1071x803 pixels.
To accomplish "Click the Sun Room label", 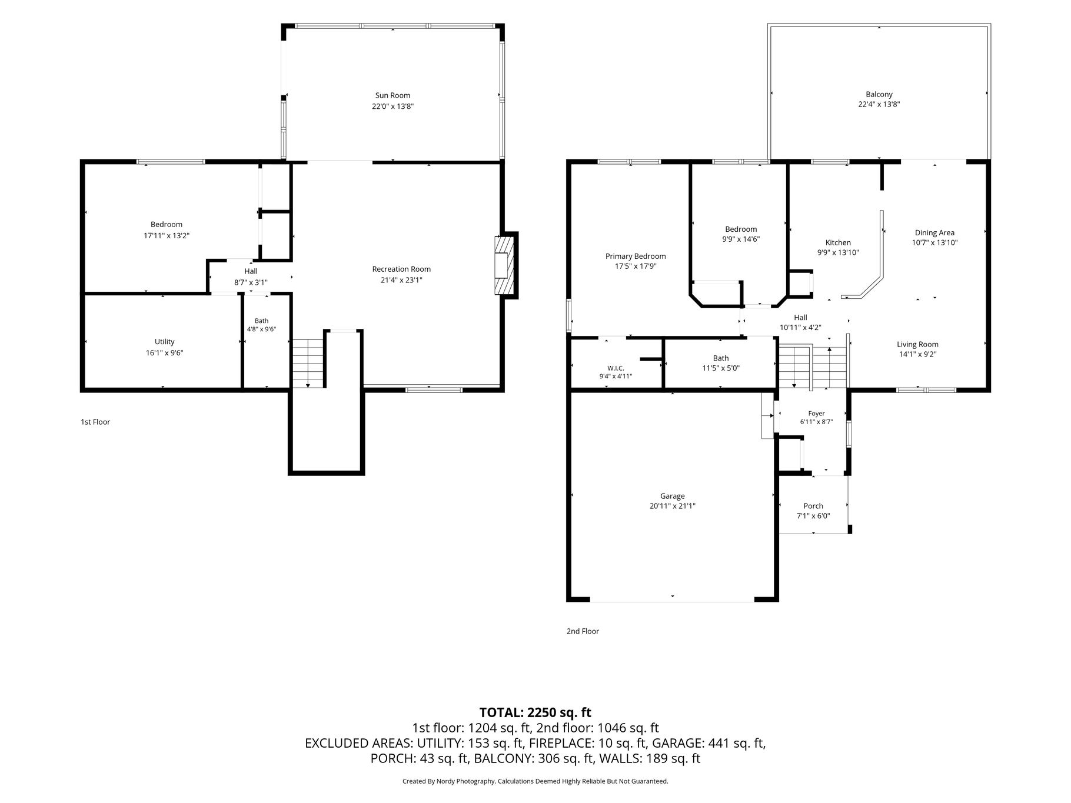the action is tap(393, 95).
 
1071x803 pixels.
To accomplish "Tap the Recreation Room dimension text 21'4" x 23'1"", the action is tap(401, 280).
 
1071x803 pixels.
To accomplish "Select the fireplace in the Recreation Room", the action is tap(504, 265).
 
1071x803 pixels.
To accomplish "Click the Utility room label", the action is tap(165, 342).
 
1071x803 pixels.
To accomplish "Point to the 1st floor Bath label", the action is tap(261, 321).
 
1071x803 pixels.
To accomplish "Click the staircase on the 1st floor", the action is tap(308, 363).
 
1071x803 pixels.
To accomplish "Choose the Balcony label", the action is tap(879, 94).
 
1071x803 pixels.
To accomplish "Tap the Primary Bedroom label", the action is tap(636, 256).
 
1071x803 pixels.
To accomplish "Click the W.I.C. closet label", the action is tap(616, 368).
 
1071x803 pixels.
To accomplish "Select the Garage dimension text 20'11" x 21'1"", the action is tap(672, 506).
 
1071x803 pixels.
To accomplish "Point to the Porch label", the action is tap(813, 506).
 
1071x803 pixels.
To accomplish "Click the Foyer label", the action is tap(816, 414).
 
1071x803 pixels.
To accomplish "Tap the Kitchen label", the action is tap(838, 242).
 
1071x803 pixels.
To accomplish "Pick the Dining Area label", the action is tap(934, 232).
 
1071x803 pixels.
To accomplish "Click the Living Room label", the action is tap(917, 344).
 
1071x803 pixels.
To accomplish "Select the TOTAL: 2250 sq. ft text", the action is tap(535, 712).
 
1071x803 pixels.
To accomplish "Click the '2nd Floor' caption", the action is tap(583, 631).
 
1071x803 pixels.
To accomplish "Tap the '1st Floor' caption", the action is tap(95, 422).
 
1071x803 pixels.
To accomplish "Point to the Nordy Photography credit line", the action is tap(535, 781).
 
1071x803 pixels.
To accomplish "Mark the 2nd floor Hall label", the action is tap(800, 318).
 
